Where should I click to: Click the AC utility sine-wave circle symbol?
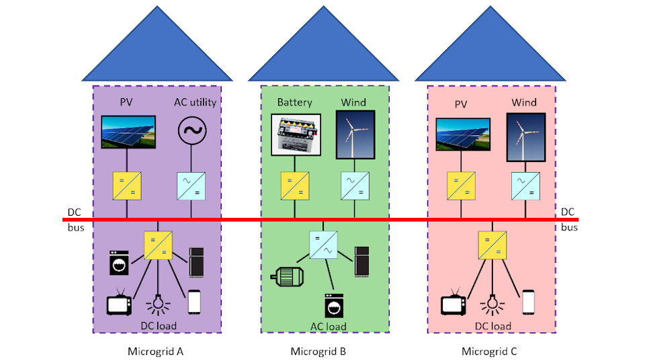point(191,131)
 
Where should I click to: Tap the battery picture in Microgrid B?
point(296,134)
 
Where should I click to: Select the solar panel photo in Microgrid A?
point(128,132)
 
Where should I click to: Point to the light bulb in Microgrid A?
point(157,303)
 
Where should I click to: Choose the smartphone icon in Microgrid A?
point(194,302)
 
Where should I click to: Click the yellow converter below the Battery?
point(295,186)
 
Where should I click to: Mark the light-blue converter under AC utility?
point(191,186)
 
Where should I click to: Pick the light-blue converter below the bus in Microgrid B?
point(323,246)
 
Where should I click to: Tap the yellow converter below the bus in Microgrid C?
point(492,246)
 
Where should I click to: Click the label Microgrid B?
point(318,351)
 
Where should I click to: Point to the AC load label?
point(328,327)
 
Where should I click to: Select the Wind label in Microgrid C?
point(524,102)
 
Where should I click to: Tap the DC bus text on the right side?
point(568,220)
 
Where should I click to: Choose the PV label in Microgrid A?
point(127,102)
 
